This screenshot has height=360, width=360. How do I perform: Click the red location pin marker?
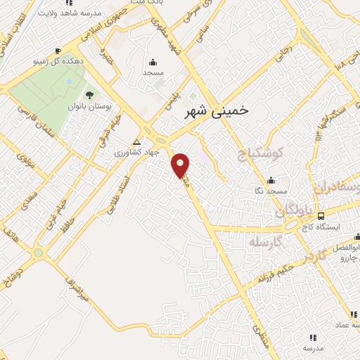click(x=181, y=165)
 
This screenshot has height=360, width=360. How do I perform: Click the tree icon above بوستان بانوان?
click(x=89, y=94)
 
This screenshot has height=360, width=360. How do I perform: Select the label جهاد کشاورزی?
click(x=138, y=152)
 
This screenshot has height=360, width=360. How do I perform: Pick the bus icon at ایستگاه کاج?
click(x=321, y=216)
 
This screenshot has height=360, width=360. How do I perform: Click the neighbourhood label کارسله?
click(x=265, y=242)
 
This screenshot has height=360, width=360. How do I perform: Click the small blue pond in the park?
click(x=68, y=82)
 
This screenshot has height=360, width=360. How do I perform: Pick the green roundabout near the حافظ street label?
click(x=39, y=252)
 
